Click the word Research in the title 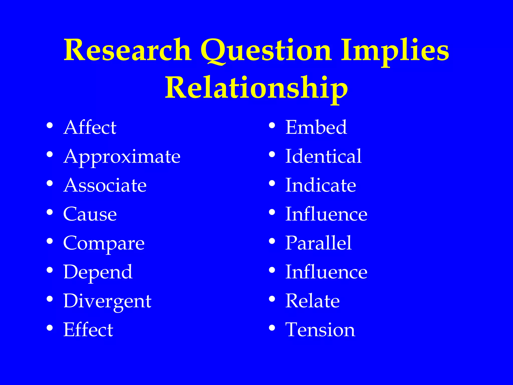click(127, 50)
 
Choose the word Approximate click(122, 157)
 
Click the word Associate click(105, 185)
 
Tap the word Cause click(90, 214)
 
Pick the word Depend click(98, 272)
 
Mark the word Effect click(88, 330)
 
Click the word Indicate click(321, 185)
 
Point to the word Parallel click(318, 243)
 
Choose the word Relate click(312, 301)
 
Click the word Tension click(320, 330)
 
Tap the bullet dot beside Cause click(50, 212)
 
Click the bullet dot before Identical click(272, 154)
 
